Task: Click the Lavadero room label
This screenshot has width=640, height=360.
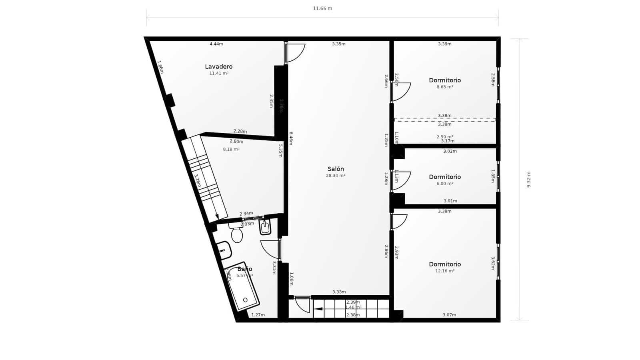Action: (218, 66)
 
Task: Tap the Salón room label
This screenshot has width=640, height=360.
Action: (335, 169)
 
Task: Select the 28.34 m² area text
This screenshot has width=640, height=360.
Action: (335, 176)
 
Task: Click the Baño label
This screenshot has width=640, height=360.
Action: (244, 269)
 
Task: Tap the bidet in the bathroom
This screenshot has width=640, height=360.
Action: (265, 227)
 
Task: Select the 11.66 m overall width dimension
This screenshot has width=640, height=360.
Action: (322, 8)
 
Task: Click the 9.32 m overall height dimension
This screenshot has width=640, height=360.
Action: (529, 179)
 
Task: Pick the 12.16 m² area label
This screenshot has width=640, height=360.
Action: (444, 271)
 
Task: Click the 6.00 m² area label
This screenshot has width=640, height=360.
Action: (444, 184)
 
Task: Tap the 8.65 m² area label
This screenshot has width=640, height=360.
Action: (444, 87)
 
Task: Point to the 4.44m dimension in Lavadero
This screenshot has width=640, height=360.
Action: (216, 44)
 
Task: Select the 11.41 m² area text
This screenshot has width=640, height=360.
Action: (219, 73)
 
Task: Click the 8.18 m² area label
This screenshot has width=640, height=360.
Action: (231, 149)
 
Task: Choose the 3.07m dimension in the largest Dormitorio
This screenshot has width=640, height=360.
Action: (449, 315)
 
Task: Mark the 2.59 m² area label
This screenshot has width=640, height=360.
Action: (444, 137)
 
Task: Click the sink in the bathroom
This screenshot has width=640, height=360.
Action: (224, 250)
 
